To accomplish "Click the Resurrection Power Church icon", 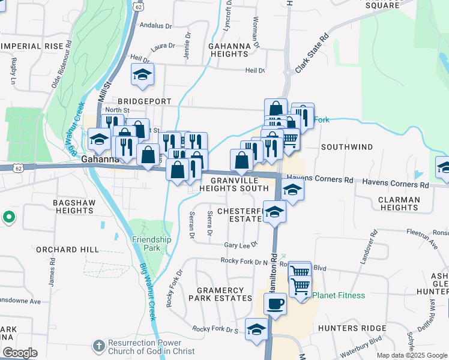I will [100, 346].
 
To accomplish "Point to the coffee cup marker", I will [275, 304].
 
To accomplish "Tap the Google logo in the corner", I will [20, 353].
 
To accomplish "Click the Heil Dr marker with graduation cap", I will [142, 74].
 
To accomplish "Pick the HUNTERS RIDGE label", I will [352, 328].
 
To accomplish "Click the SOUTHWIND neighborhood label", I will [347, 147].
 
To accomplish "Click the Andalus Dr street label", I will [155, 26].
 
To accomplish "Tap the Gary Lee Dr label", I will [240, 245].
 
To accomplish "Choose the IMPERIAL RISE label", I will [32, 46].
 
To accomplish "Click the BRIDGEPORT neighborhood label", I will [145, 102].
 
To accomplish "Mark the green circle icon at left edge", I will [8, 217].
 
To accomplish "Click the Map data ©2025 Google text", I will [411, 355].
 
